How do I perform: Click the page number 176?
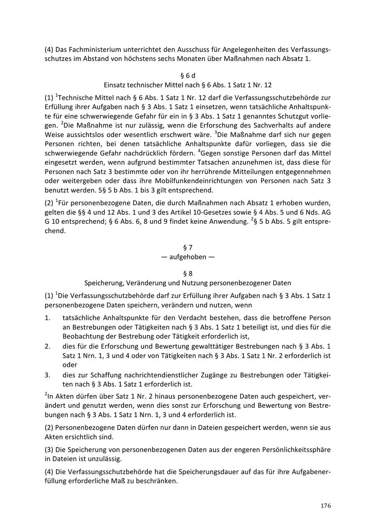coord(326,506)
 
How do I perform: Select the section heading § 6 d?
coord(188,76)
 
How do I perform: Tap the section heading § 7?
coord(188,247)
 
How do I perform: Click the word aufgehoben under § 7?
coord(188,257)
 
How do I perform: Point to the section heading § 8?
coord(188,274)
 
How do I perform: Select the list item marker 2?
coord(47,346)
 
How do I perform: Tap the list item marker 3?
coord(47,375)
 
